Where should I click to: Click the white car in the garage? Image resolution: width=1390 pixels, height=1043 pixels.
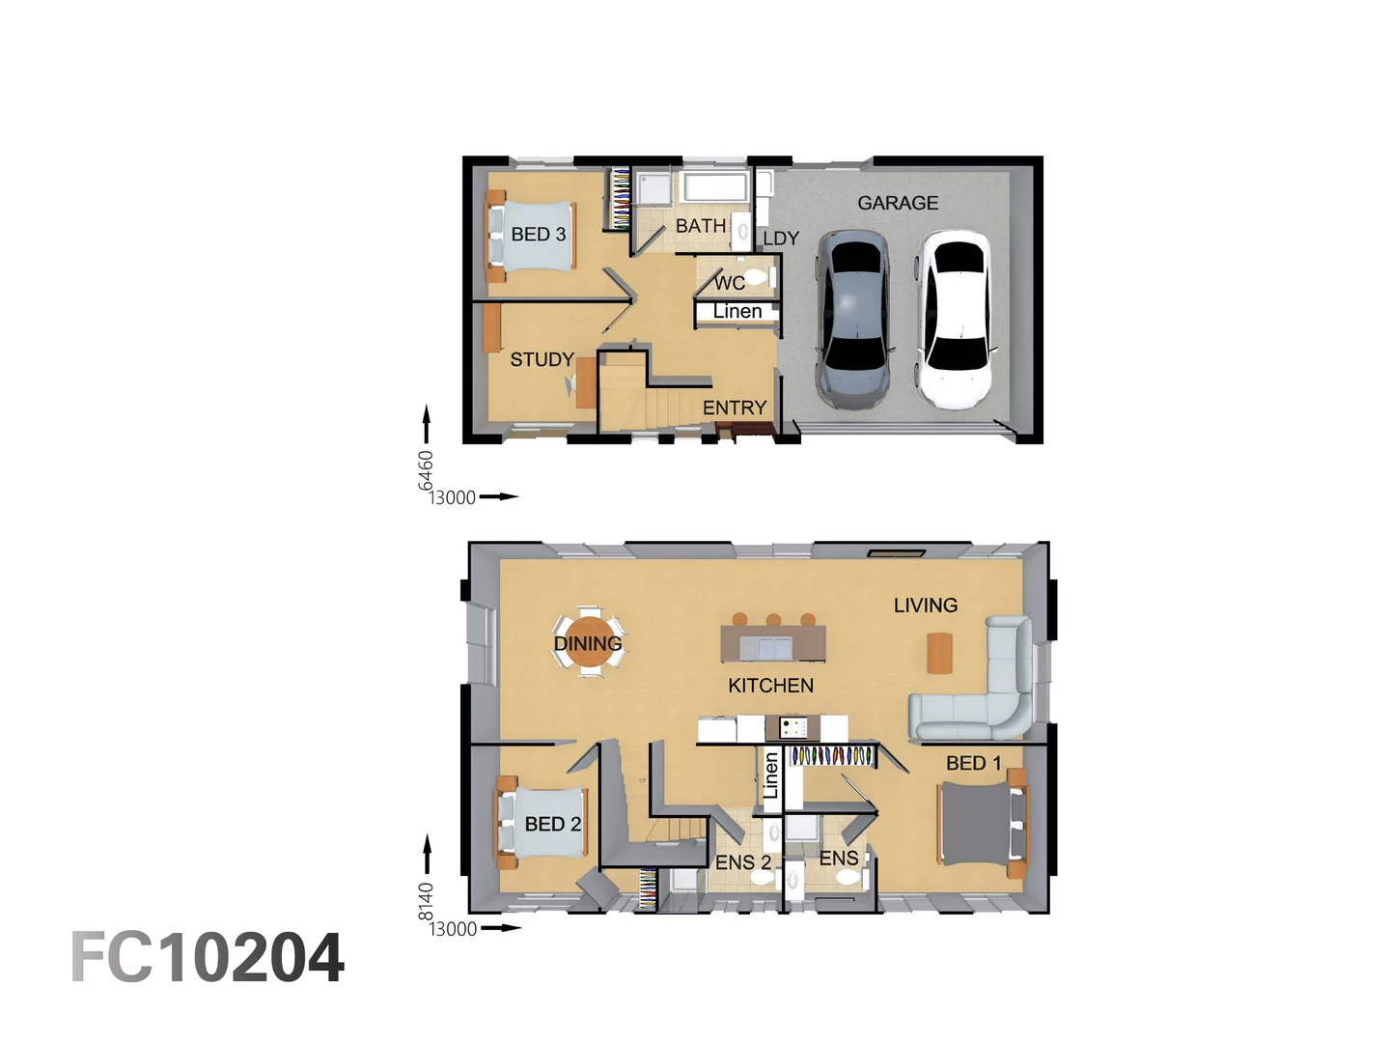click(x=955, y=318)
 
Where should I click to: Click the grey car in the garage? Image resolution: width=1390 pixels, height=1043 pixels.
click(x=852, y=318)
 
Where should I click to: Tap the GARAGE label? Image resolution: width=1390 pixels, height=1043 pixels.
click(x=898, y=203)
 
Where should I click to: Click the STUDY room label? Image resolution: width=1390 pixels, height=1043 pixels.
click(x=542, y=359)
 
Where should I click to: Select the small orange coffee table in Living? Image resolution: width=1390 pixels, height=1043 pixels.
click(x=939, y=653)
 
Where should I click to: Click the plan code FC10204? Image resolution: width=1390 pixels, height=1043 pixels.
click(x=208, y=958)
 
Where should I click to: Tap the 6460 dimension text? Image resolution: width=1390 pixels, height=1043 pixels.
click(x=426, y=470)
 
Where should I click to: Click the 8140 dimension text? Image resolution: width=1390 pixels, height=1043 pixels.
click(x=426, y=902)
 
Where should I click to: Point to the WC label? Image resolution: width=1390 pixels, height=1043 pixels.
click(x=730, y=283)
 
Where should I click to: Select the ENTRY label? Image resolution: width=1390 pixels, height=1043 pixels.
click(x=735, y=408)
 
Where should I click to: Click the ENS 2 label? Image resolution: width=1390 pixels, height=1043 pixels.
click(x=743, y=862)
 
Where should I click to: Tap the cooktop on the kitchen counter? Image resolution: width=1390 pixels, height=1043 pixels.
click(x=792, y=728)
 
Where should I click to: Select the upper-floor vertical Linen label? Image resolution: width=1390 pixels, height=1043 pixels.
click(x=770, y=775)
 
